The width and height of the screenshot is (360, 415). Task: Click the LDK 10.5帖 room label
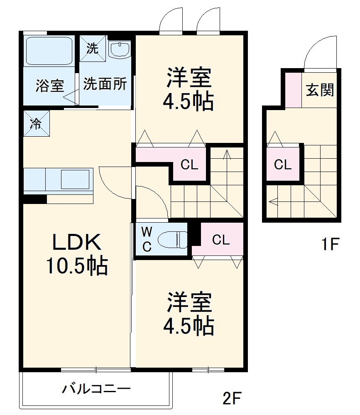tap(76, 254)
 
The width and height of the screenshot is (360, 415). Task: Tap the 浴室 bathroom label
tap(49, 86)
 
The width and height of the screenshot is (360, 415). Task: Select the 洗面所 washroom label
tap(105, 84)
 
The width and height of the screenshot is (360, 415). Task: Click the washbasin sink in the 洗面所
tap(120, 49)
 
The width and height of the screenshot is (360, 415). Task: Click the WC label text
tap(147, 239)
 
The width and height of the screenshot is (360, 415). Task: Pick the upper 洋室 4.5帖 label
tap(190, 88)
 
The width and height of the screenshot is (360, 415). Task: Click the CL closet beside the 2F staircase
tap(189, 165)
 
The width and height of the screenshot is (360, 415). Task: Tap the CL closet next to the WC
tap(220, 240)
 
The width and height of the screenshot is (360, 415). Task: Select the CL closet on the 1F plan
tap(283, 165)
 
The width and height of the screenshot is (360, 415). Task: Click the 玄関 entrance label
tap(320, 90)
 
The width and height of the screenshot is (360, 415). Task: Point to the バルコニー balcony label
tap(96, 389)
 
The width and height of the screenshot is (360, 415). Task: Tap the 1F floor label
tap(330, 244)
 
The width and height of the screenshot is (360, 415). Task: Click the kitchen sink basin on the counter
tap(75, 179)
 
